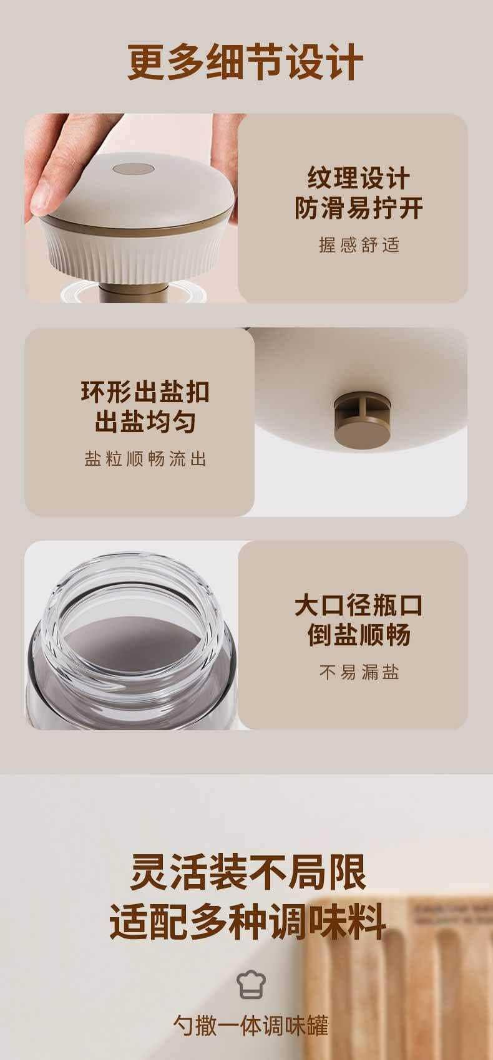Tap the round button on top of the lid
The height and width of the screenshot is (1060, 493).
pos(133,168)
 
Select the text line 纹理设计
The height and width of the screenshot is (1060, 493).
pos(358,178)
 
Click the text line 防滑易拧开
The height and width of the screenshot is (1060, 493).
pos(358,208)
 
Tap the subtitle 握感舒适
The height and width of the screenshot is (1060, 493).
pos(359,244)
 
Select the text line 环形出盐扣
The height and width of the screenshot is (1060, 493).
pos(145,392)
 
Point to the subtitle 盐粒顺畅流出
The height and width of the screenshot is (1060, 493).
pos(145,458)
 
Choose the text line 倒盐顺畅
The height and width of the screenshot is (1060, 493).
pos(358,635)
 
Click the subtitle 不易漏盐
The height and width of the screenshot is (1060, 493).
pos(359,672)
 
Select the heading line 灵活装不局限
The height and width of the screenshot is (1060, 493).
pos(248,872)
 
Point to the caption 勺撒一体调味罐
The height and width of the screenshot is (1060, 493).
pos(250,1025)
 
